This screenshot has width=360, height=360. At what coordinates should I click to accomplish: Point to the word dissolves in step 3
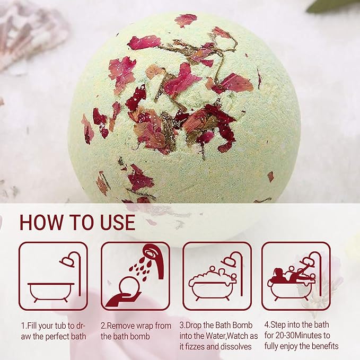(x=235, y=347)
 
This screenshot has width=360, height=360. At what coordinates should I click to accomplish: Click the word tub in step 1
(x=65, y=325)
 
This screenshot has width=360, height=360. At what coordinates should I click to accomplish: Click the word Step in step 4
(x=281, y=325)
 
